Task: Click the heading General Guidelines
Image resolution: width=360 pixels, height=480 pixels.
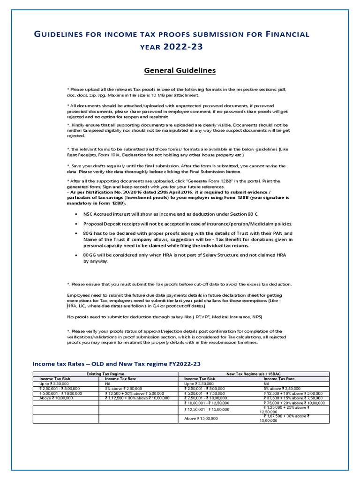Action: [x=180, y=71]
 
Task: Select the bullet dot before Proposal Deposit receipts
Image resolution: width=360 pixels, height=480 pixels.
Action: [x=76, y=224]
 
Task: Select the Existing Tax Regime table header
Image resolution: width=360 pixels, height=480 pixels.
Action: [x=105, y=374]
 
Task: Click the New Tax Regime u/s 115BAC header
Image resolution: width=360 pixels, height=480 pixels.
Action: [x=254, y=374]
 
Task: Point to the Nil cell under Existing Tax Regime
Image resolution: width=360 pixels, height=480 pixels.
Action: [x=108, y=383]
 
